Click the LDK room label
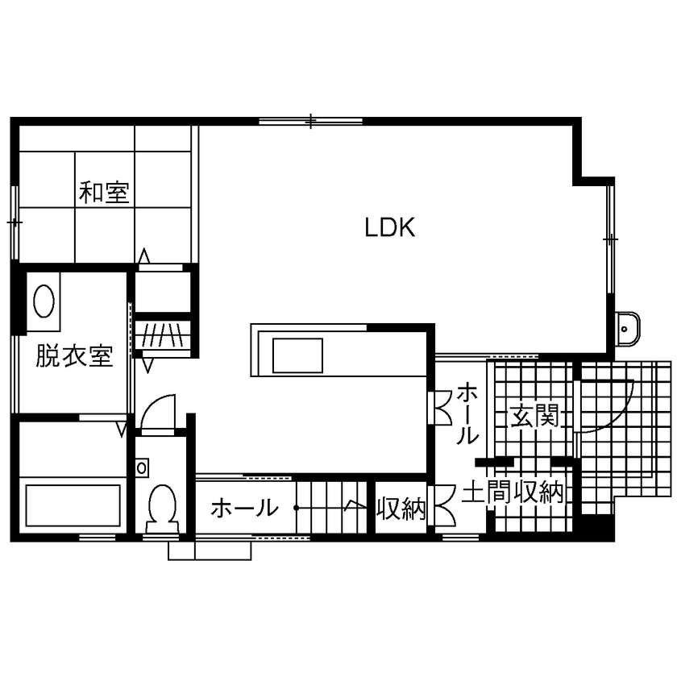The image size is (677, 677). coord(390,228)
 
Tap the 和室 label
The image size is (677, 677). coord(106,193)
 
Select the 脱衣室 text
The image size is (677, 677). coord(73,356)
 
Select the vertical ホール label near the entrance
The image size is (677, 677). coord(467,414)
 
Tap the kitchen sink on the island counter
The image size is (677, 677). coord(297,355)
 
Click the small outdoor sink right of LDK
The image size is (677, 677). coord(626,327)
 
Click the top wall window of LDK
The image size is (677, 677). coord(310,122)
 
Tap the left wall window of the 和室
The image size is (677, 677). coord(14,220)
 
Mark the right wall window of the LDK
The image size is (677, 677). coord(610,239)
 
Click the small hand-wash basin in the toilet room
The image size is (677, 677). coord(143,467)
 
